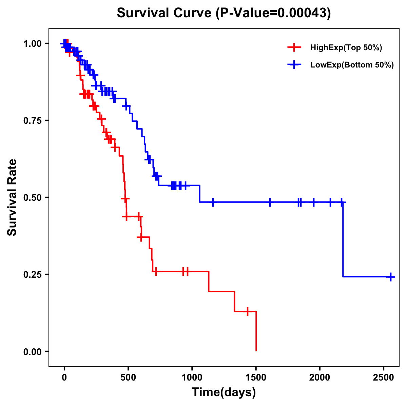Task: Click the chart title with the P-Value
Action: coord(224,13)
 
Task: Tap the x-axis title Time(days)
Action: coord(224,392)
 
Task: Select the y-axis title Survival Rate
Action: coord(12,197)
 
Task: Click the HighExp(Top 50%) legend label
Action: coord(346,48)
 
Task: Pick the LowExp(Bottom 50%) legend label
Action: coord(352,65)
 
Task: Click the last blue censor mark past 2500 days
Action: coord(391,277)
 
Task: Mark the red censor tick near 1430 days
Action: coord(248,311)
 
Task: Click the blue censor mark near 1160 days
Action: coord(213,202)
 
